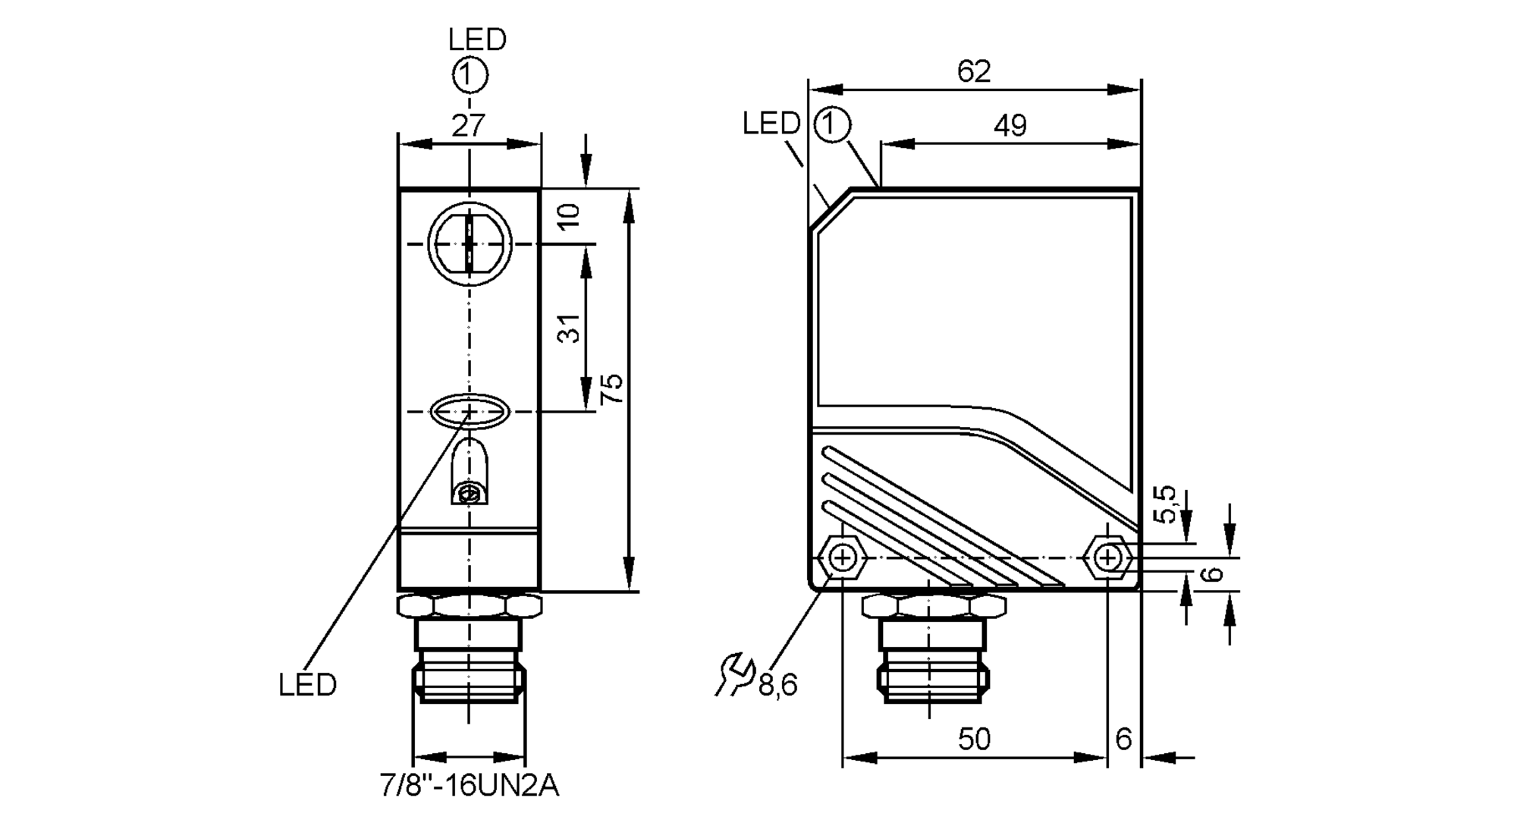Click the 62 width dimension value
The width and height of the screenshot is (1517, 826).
974,71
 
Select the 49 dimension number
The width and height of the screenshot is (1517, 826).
1010,125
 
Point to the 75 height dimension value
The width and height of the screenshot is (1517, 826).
611,388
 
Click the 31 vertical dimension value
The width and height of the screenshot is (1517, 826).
570,328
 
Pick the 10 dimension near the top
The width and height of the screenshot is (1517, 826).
570,215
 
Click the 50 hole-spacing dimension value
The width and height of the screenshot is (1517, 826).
974,739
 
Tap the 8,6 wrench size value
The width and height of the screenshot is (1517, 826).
778,686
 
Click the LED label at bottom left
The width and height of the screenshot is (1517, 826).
307,685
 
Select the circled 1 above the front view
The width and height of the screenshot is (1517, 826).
470,75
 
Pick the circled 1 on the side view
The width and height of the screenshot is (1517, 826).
832,124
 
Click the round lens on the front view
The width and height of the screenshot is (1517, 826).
470,244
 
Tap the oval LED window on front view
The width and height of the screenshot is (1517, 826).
470,411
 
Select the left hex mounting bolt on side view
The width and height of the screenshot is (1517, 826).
843,558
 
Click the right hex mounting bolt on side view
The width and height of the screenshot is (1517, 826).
1108,558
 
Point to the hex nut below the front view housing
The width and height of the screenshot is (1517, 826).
470,606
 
